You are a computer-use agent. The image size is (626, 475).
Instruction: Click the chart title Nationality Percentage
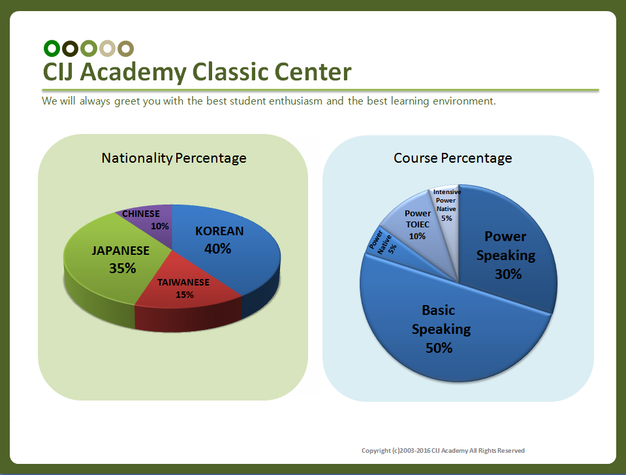coord(174,158)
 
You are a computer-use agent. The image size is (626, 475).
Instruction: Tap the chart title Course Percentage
coord(453,158)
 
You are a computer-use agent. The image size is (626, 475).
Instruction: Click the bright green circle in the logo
coord(52,48)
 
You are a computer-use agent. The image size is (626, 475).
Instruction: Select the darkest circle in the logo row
coord(70,48)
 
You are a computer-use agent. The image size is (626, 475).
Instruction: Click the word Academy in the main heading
coord(133,73)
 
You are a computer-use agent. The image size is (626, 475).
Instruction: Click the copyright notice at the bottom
coord(443,451)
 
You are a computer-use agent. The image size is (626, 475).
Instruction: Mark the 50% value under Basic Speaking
coord(439,348)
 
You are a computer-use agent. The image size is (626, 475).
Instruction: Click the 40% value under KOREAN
coord(217,249)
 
